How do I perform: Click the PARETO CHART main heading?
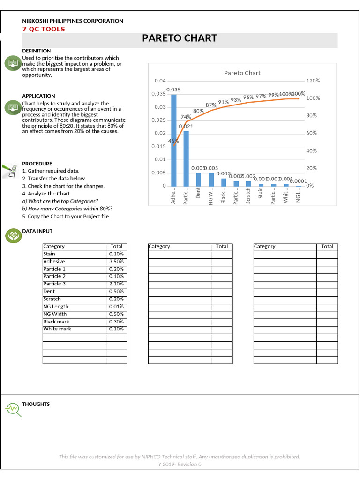tap(180, 38)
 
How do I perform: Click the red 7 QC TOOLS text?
tap(44, 29)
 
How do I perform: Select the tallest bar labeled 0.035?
tap(174, 140)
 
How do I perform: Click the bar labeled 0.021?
tap(186, 158)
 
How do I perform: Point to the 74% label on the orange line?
tap(186, 117)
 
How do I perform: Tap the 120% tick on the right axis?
tap(313, 81)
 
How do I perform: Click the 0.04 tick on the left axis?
tap(160, 81)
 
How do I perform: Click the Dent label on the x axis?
tap(198, 193)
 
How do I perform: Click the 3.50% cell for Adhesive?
tap(116, 262)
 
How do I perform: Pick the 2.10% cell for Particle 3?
tap(116, 284)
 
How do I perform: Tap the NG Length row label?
tap(56, 307)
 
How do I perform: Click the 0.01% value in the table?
tap(116, 307)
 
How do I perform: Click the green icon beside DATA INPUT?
tap(13, 236)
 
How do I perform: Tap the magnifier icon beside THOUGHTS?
tap(13, 410)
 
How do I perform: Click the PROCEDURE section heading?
tap(37, 164)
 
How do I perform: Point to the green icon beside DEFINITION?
tap(13, 63)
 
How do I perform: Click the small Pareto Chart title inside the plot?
tap(242, 73)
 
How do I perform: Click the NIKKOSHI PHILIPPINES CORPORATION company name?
tap(73, 21)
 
